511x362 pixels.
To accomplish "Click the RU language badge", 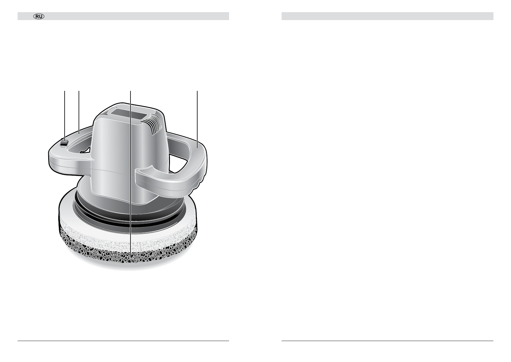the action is coord(39,16).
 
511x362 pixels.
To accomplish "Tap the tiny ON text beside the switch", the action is coord(63,147).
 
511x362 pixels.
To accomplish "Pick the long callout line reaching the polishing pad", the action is coord(130,176).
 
